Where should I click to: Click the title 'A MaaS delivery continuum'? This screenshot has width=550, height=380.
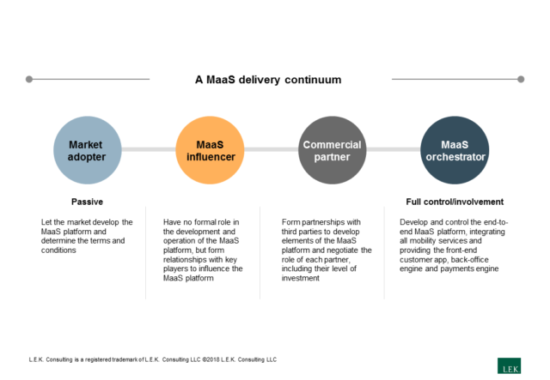point(267,79)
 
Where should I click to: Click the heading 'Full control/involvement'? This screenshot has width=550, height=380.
point(454,202)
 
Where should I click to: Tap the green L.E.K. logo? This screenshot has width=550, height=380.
point(510,365)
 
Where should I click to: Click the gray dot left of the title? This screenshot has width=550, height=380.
point(29,79)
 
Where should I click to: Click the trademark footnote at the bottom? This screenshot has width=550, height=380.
point(152,359)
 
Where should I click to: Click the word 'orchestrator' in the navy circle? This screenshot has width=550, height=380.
point(455,158)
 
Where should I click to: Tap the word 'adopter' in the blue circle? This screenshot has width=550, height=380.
point(86,158)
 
